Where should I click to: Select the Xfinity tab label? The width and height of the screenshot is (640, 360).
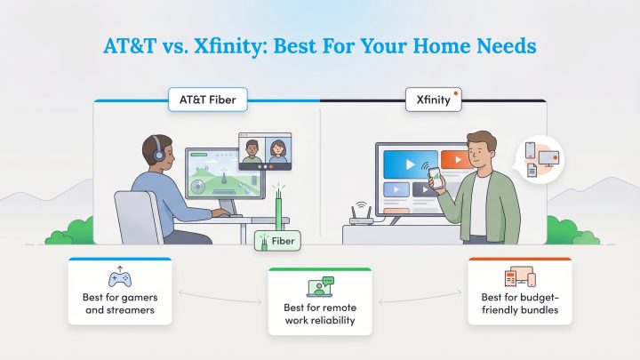(x=433, y=100)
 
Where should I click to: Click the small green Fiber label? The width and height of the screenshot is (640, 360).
(x=277, y=240)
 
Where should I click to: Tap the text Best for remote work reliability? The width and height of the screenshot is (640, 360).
(x=319, y=314)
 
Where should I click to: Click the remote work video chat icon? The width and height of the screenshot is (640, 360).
(x=319, y=285)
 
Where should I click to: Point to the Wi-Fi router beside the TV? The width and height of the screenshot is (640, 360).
(x=359, y=219)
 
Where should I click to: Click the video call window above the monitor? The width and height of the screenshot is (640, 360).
(x=265, y=151)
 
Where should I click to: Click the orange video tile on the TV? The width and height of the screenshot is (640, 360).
(x=452, y=163)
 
